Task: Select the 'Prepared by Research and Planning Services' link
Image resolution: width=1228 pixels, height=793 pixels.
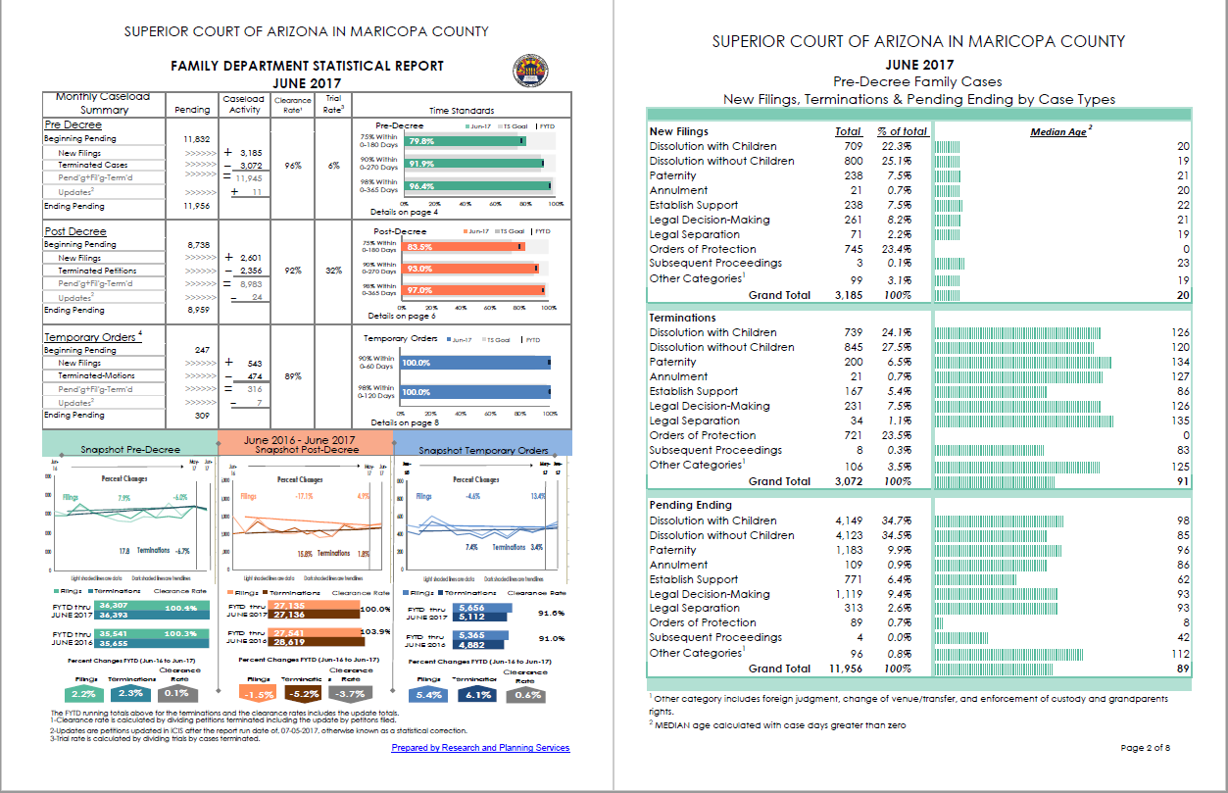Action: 480,748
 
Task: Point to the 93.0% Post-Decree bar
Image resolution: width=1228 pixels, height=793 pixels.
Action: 468,269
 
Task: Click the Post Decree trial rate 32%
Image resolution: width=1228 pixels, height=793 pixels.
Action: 333,271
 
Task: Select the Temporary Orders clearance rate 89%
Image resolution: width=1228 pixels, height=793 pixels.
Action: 292,375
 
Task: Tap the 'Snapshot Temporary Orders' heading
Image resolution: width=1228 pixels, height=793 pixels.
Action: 483,451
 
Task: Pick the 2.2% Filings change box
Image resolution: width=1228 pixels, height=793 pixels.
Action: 88,695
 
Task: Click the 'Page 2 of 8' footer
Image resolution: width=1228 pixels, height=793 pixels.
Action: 1145,748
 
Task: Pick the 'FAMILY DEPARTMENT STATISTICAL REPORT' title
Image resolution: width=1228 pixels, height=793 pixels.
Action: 307,66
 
